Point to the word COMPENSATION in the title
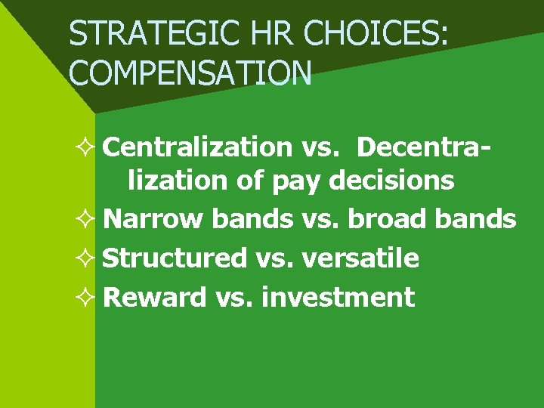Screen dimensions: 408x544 (190, 73)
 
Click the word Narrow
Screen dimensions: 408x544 (153, 219)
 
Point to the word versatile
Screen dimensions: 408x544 (360, 258)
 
